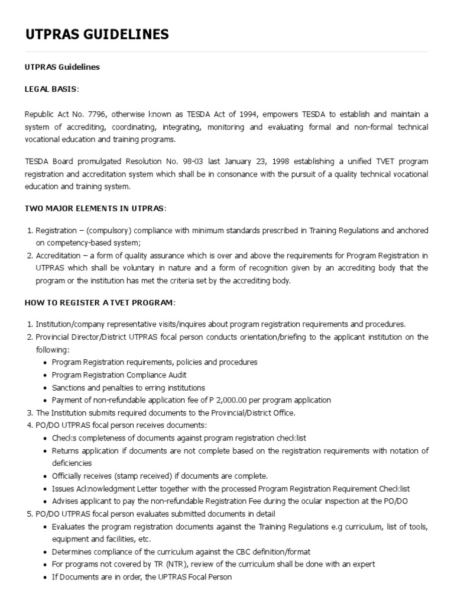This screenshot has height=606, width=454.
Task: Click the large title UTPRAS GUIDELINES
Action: pos(97,35)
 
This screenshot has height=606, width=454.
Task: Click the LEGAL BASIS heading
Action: pos(51,89)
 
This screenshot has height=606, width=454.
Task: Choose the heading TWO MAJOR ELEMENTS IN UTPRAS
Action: pos(95,208)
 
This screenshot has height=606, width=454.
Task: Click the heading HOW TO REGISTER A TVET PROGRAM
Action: pos(100,302)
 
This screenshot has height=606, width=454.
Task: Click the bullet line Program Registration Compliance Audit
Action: pos(119,375)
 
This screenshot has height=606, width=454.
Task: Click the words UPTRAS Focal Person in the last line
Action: pos(194,577)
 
